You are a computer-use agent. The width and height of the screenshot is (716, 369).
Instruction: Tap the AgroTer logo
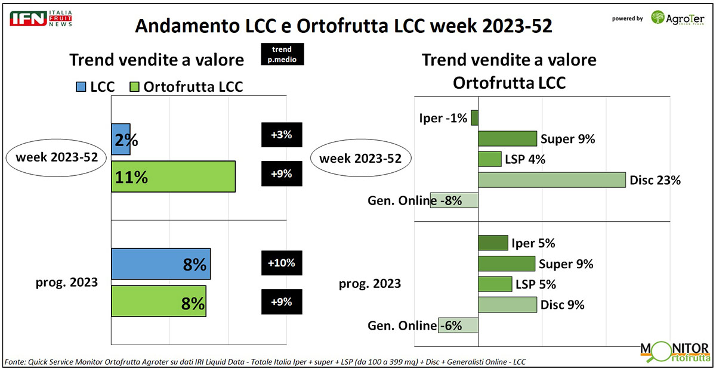pos(678,18)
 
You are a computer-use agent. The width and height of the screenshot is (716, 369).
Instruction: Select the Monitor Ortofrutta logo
pos(674,351)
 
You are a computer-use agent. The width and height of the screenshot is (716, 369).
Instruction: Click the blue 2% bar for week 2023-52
pos(121,139)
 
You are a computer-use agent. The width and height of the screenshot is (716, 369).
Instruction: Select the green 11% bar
pos(173,176)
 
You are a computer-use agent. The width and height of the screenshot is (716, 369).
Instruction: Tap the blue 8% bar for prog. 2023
pos(161,264)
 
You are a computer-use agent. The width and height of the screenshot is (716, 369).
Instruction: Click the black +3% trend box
pos(282,135)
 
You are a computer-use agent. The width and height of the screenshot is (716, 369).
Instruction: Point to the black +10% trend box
pos(282,263)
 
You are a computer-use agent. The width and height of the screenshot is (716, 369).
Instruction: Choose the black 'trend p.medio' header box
pos(282,54)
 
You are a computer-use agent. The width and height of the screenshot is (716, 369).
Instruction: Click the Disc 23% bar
pos(552,180)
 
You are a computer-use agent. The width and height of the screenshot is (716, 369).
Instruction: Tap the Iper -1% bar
pos(475,118)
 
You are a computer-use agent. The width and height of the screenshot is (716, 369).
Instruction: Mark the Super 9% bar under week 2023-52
pos(507,139)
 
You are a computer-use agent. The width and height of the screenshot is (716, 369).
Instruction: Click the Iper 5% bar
pos(493,243)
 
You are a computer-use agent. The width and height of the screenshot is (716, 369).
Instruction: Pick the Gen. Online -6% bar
pos(458,325)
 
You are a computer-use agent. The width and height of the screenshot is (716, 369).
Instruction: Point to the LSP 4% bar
pos(489,159)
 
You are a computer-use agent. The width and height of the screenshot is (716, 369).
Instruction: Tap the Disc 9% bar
pos(507,305)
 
